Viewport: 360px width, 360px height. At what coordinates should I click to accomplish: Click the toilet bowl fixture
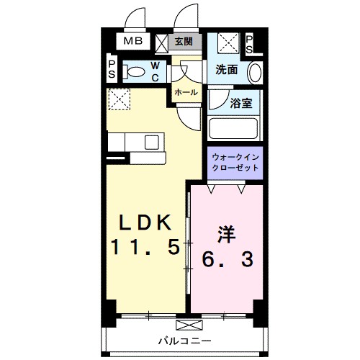(135, 71)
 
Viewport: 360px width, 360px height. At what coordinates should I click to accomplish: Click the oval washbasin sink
(254, 73)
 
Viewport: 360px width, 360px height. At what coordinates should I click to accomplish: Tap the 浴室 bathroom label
(240, 103)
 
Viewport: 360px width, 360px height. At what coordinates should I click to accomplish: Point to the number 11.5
(143, 247)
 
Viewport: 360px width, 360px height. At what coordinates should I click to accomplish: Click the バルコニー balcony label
(184, 339)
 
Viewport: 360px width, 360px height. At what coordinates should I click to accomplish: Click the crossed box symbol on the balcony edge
(183, 325)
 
